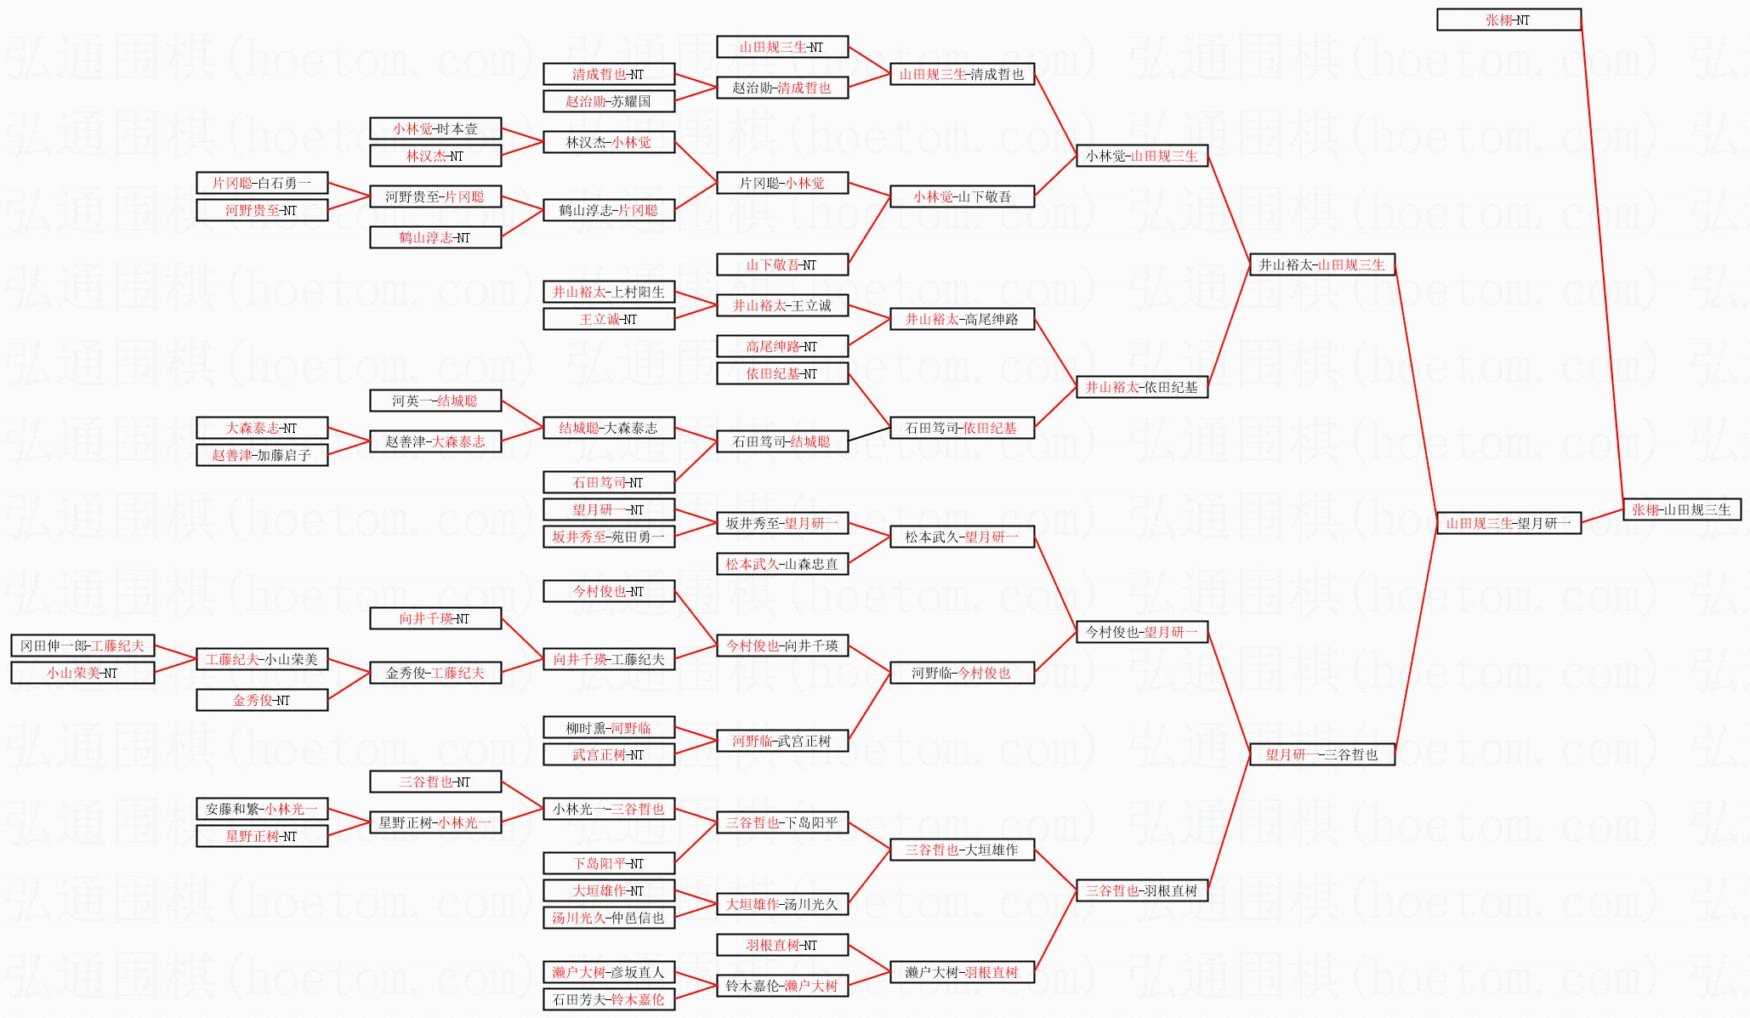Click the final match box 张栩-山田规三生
pyautogui.click(x=1681, y=509)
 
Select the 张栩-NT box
pyautogui.click(x=1509, y=20)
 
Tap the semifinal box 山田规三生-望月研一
pyautogui.click(x=1509, y=523)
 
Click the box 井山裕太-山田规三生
pyautogui.click(x=1321, y=264)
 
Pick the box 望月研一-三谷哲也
pyautogui.click(x=1321, y=754)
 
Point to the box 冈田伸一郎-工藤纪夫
pyautogui.click(x=82, y=645)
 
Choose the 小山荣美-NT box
pyautogui.click(x=82, y=673)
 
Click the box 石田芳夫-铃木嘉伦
pyautogui.click(x=609, y=999)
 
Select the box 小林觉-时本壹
pyautogui.click(x=435, y=128)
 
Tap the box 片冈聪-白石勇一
pyautogui.click(x=262, y=183)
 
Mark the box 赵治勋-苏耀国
pyautogui.click(x=609, y=101)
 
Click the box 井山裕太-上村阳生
pyautogui.click(x=609, y=292)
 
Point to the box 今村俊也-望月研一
pyautogui.click(x=1141, y=632)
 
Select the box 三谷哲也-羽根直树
pyautogui.click(x=1141, y=890)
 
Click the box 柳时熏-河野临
pyautogui.click(x=609, y=727)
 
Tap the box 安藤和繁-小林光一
pyautogui.click(x=262, y=809)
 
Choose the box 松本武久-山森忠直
pyautogui.click(x=782, y=564)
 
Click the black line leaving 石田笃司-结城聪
pyautogui.click(x=869, y=435)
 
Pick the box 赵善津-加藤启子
pyautogui.click(x=262, y=455)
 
